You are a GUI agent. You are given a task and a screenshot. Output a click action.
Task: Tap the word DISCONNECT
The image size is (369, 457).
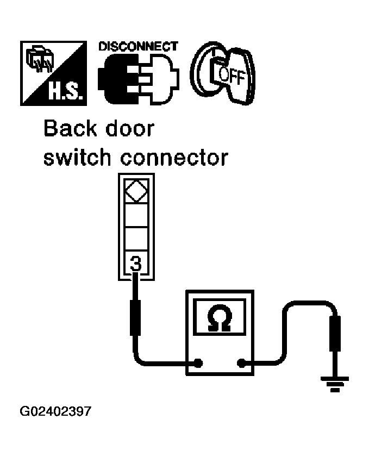[138, 46]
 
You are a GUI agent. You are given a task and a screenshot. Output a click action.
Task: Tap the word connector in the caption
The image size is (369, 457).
[173, 158]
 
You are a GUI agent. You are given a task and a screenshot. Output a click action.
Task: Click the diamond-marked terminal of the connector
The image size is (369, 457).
[136, 191]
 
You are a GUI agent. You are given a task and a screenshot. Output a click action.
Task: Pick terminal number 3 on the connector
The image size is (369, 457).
[136, 265]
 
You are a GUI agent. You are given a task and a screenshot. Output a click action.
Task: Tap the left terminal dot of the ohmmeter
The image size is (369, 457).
[199, 363]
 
